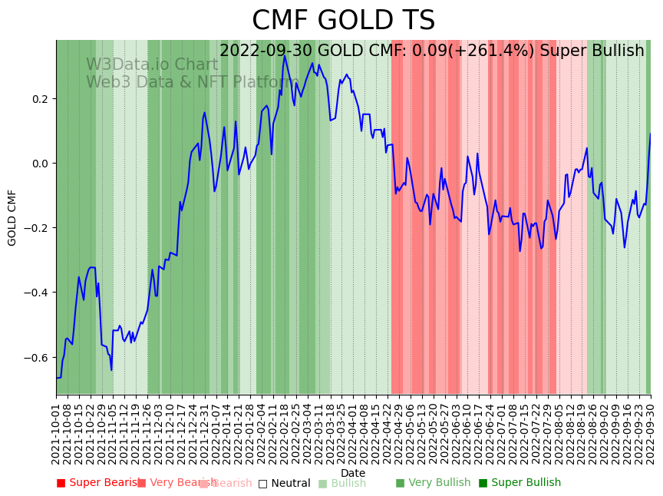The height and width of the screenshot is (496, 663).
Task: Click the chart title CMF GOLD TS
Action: (x=343, y=21)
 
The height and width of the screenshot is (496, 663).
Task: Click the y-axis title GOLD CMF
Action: (x=12, y=217)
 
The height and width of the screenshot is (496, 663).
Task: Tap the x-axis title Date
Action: (x=353, y=473)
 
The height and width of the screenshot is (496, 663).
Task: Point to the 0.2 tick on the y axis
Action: (x=39, y=99)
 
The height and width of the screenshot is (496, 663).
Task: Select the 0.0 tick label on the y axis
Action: (x=39, y=164)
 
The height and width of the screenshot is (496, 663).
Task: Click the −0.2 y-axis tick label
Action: (x=37, y=228)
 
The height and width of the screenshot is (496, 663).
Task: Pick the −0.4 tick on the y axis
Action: (x=37, y=293)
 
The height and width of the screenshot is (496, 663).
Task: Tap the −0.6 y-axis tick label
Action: (x=37, y=357)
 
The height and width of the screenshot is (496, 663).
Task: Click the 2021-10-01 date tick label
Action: (x=56, y=432)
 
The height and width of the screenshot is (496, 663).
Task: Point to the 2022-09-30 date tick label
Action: (x=651, y=432)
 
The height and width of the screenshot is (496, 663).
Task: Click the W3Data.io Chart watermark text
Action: (x=152, y=64)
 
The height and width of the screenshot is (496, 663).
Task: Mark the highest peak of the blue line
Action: (x=285, y=55)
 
